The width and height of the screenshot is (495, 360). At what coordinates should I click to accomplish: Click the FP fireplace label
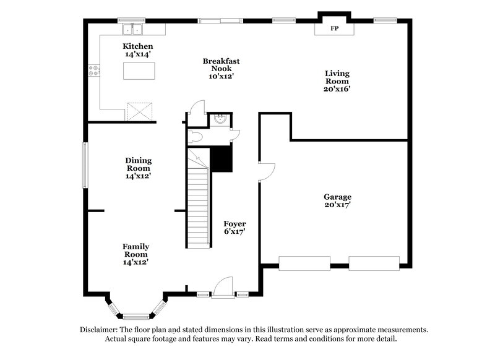[x=334, y=29]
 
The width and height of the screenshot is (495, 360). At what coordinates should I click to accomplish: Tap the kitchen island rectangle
[x=137, y=72]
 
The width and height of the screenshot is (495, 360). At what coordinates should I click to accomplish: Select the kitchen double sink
[x=132, y=28]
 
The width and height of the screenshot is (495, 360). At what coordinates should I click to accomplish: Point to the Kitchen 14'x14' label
[x=137, y=51]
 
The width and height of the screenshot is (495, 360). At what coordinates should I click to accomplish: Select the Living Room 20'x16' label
[x=337, y=80]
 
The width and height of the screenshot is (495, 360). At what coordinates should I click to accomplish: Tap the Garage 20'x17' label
[x=337, y=201]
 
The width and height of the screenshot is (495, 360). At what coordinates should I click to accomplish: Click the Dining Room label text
[x=139, y=168]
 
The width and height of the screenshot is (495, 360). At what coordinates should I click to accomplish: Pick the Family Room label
[x=135, y=254]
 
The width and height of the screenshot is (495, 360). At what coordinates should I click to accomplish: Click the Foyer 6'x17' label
[x=235, y=228]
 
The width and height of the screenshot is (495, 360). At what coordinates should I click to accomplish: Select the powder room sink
[x=220, y=119]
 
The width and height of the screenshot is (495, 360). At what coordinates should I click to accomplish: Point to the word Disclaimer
[x=98, y=330]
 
